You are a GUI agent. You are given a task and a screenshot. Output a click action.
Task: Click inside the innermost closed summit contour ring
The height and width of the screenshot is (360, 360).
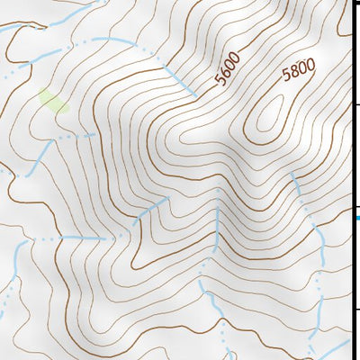(268, 117)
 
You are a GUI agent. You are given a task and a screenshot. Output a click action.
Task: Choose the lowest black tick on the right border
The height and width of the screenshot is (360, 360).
(355, 309)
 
